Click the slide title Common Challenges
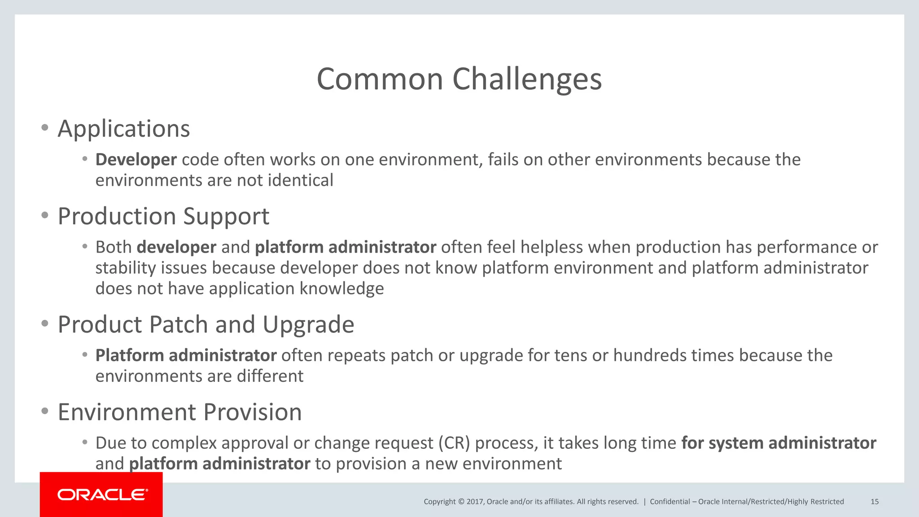click(x=459, y=79)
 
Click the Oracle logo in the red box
click(x=102, y=495)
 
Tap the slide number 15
click(x=875, y=502)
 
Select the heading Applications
click(x=124, y=129)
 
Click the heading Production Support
click(x=163, y=216)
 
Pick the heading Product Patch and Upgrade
click(x=206, y=324)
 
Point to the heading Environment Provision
click(x=179, y=412)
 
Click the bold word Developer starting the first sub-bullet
click(x=136, y=160)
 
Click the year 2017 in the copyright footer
click(x=474, y=502)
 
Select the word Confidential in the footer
click(x=670, y=502)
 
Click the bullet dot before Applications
click(x=44, y=128)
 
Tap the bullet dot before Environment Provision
click(x=44, y=411)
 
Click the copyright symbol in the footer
click(x=461, y=502)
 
